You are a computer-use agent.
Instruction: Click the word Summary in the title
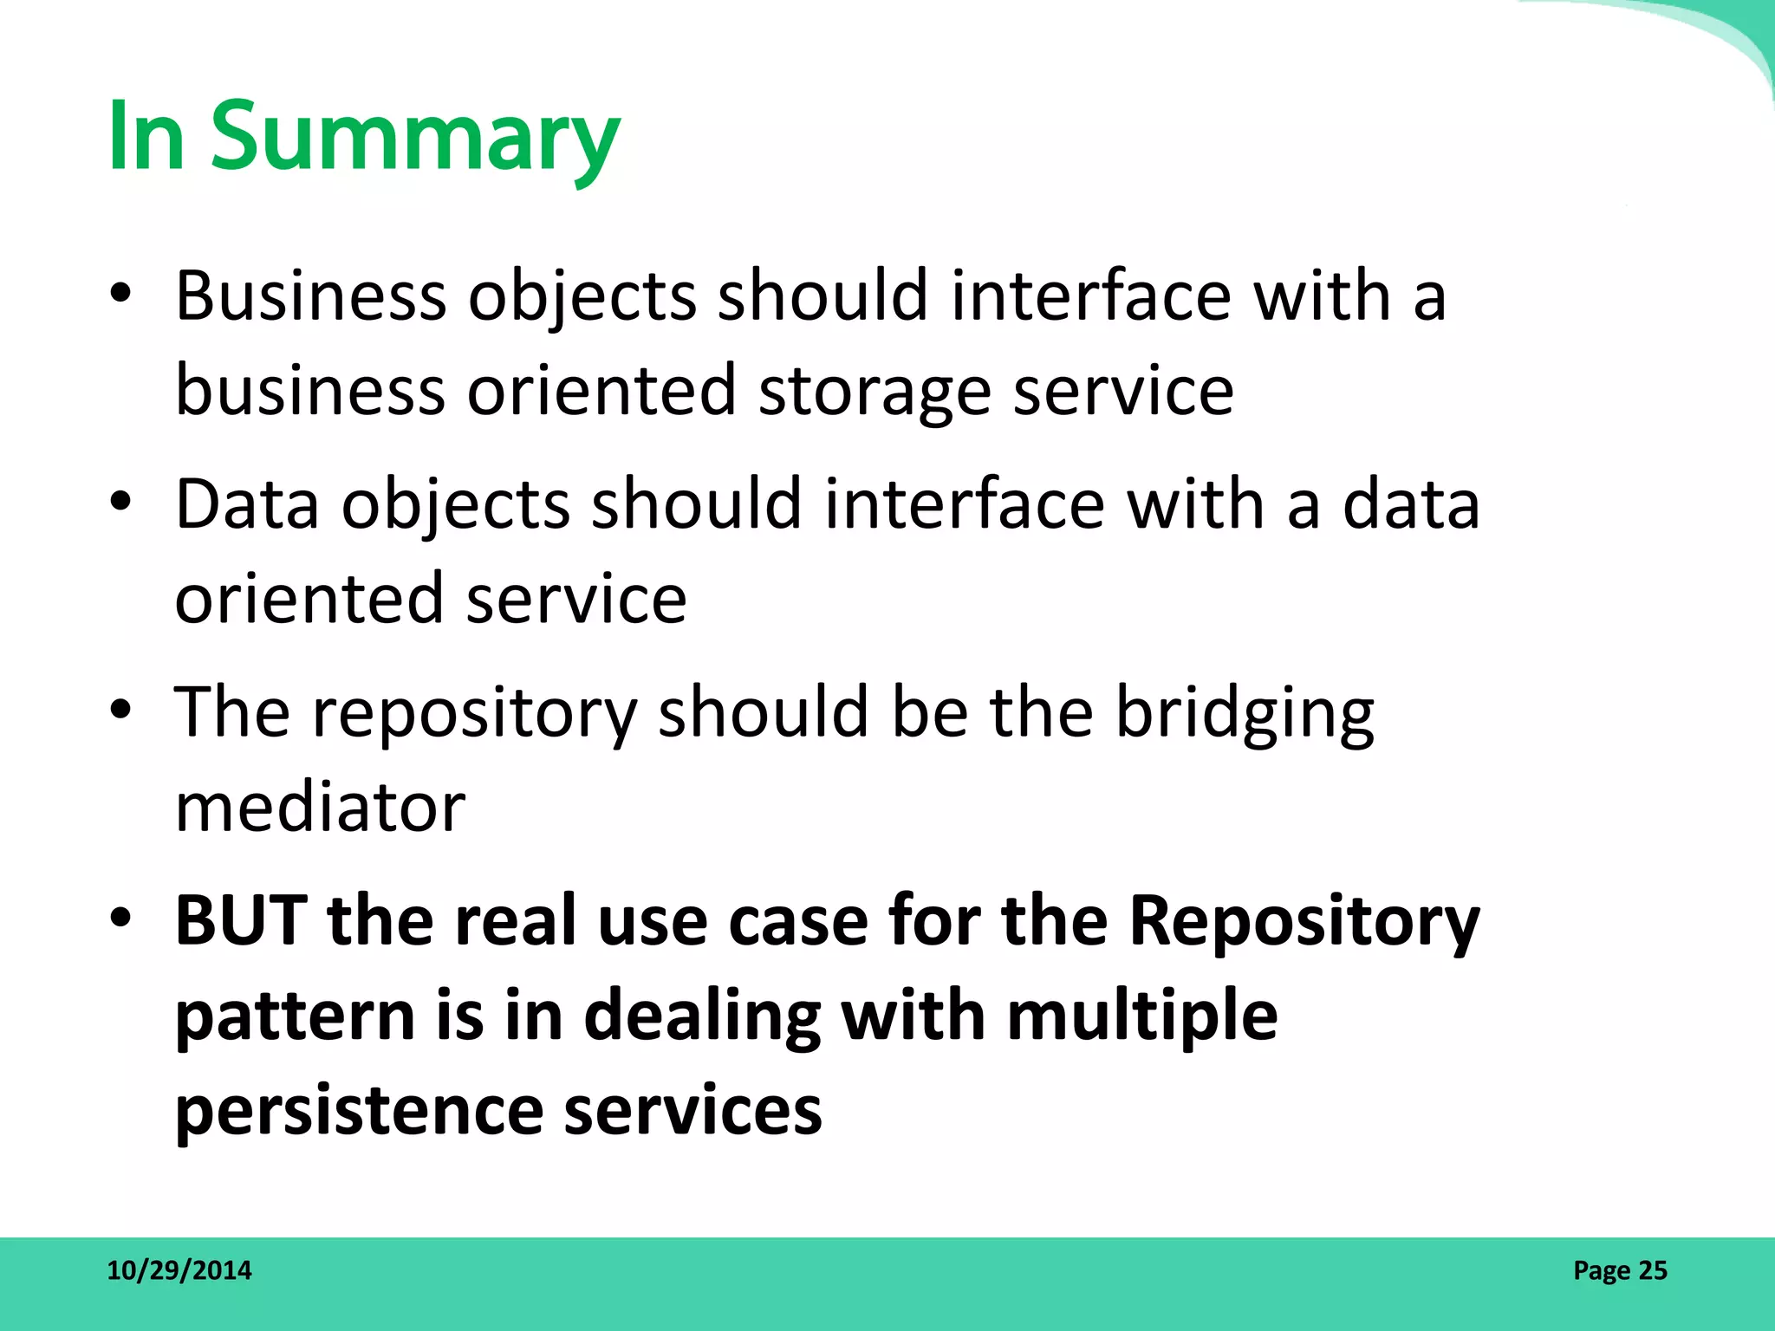click(x=416, y=139)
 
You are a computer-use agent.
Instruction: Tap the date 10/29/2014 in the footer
click(x=179, y=1270)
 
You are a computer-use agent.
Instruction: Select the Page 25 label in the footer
click(x=1620, y=1270)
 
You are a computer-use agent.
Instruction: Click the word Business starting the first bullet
click(x=311, y=296)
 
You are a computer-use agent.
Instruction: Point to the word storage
click(x=874, y=393)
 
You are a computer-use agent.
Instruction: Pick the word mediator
click(x=320, y=808)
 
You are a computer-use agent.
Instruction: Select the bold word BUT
click(x=241, y=920)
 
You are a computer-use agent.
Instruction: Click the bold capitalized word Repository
click(x=1304, y=922)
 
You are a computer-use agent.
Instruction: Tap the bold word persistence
click(x=358, y=1111)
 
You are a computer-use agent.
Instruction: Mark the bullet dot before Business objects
click(x=120, y=295)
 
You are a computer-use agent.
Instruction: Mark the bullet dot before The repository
click(x=120, y=711)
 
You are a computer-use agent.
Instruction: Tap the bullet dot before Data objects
click(x=120, y=503)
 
